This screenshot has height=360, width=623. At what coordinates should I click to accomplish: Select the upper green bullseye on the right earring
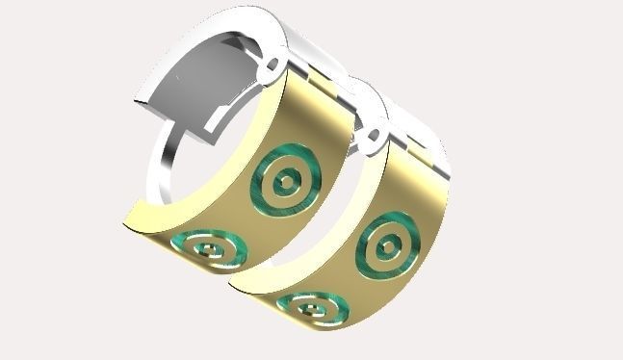click(x=386, y=246)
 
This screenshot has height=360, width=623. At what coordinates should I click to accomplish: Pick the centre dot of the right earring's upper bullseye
click(x=386, y=247)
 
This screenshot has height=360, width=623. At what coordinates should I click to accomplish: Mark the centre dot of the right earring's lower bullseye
click(x=312, y=309)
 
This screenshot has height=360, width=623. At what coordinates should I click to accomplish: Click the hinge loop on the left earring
click(x=273, y=66)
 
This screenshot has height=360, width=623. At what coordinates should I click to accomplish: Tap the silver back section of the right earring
click(x=424, y=135)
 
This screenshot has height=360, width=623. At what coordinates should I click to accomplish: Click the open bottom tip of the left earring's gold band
click(x=135, y=221)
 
